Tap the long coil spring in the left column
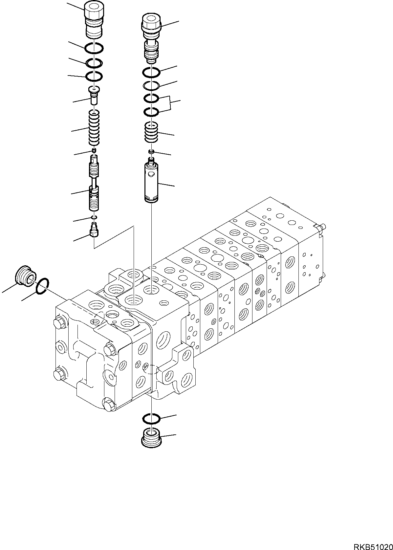[x=95, y=127]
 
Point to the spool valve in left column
[x=94, y=184]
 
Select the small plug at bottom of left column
[x=94, y=230]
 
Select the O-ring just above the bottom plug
[x=151, y=418]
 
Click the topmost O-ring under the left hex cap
[x=95, y=48]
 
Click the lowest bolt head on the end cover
[x=109, y=403]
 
